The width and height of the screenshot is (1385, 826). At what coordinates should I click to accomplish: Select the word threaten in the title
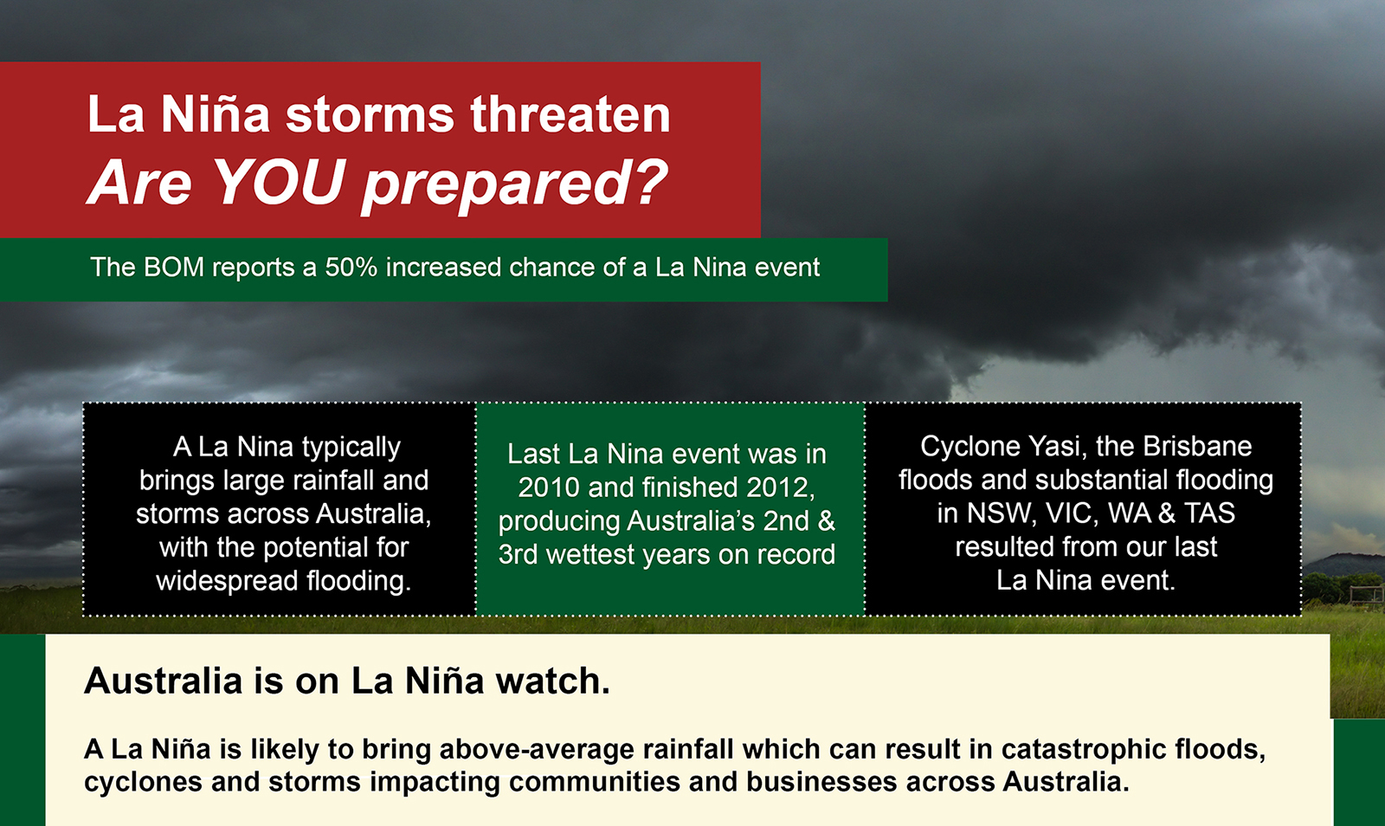570,114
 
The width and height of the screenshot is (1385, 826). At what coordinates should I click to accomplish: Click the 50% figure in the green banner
351,268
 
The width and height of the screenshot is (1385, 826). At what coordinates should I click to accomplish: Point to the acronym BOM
174,268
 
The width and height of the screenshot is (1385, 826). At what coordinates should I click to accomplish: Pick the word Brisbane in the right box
1197,447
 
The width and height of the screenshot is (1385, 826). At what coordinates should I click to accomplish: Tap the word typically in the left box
351,448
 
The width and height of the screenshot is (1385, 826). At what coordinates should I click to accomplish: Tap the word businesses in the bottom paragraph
821,782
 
